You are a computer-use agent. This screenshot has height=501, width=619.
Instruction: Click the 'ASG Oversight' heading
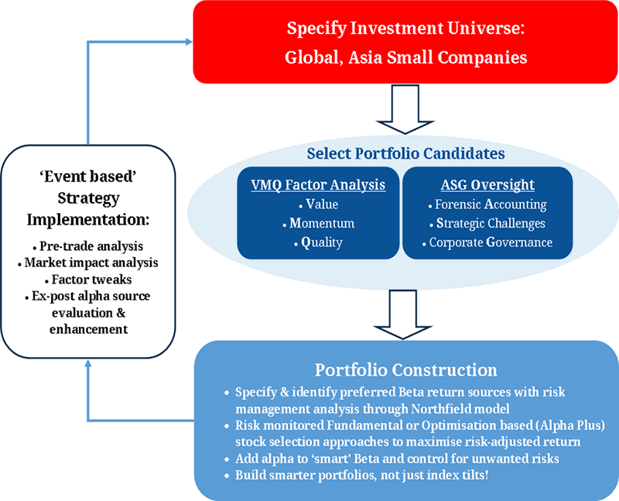click(x=487, y=186)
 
